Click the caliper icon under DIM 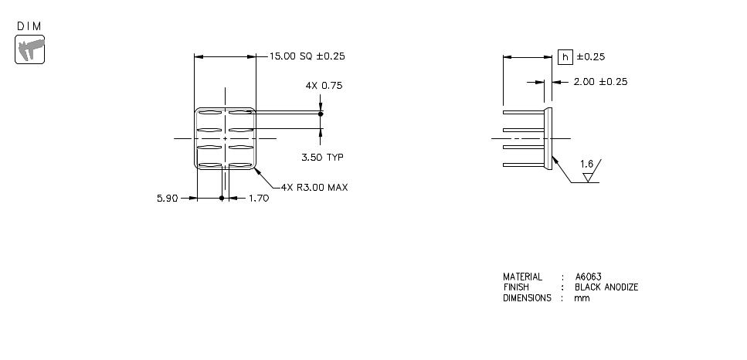30,51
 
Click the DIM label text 30,26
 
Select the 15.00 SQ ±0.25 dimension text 307,56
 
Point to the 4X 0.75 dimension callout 324,86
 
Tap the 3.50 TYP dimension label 322,157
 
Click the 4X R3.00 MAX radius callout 314,187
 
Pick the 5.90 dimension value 167,199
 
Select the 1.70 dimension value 259,199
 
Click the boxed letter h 565,56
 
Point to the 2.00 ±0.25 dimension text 599,82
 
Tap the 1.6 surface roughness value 586,165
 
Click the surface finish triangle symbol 588,177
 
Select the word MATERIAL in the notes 522,277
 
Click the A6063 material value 588,277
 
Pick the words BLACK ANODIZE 606,287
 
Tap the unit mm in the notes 581,298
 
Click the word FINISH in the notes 516,287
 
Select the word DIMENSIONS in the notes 527,298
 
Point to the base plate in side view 549,139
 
